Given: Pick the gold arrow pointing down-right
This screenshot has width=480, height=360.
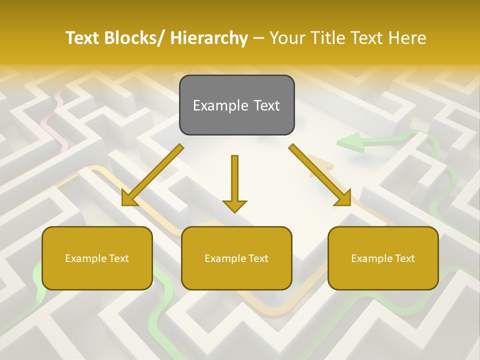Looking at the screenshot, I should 320,175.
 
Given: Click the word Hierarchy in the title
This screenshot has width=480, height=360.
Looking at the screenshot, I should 209,38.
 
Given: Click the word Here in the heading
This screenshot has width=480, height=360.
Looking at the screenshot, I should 407,38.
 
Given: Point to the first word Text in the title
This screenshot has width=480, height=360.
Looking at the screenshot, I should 83,38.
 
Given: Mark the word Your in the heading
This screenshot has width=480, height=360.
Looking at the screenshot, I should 287,38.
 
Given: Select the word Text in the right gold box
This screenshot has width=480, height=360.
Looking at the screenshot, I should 404,258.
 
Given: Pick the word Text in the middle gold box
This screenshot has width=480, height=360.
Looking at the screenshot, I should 258,258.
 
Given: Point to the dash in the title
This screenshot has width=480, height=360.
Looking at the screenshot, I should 259,38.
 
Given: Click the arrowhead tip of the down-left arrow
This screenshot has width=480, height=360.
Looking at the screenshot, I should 123,204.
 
